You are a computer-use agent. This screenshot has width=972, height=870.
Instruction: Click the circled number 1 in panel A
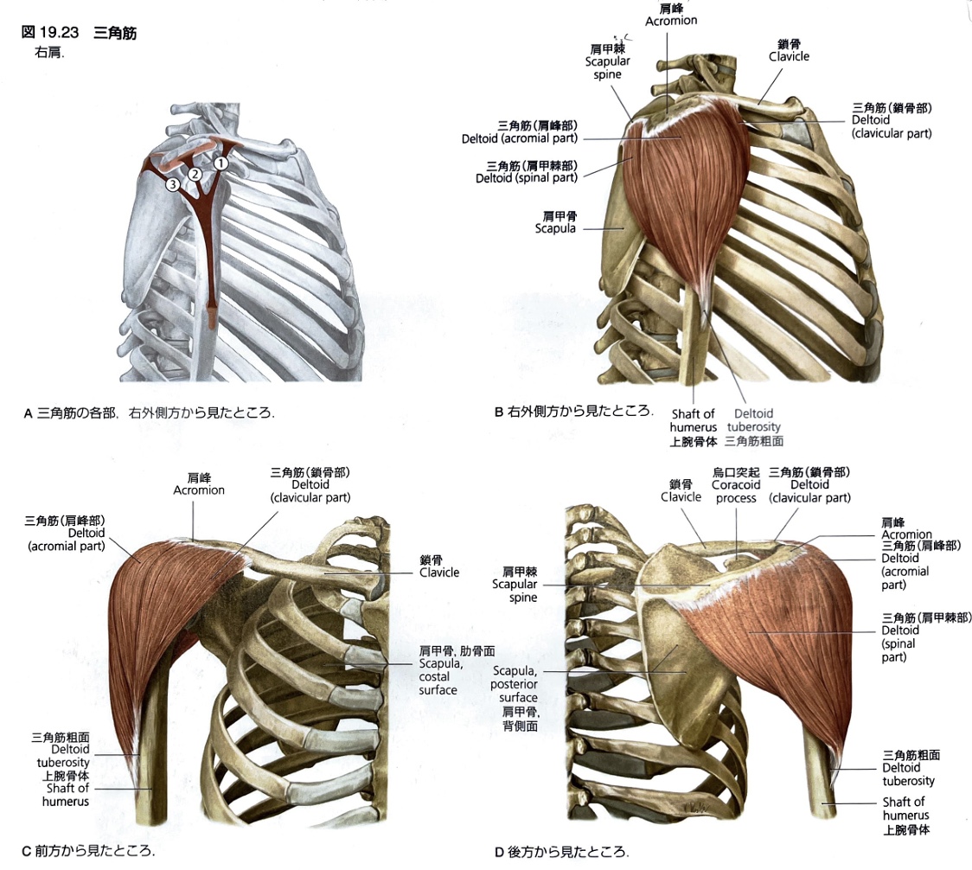pos(221,163)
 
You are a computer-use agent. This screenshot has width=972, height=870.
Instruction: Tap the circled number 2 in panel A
pos(195,174)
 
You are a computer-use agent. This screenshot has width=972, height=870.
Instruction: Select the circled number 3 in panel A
pos(173,184)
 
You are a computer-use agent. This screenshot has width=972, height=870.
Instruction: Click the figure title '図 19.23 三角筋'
pos(79,32)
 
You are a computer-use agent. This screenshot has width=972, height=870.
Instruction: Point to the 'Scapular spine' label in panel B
pos(607,61)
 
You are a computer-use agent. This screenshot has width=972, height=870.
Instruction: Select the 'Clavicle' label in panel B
pos(789,50)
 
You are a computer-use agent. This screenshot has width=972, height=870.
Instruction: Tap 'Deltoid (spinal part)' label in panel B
pos(527,172)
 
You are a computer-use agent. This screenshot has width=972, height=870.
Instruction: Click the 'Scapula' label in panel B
pos(556,222)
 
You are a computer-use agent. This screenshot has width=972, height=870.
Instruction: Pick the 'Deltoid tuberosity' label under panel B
pos(754,426)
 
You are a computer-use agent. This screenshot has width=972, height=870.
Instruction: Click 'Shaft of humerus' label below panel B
pos(693,426)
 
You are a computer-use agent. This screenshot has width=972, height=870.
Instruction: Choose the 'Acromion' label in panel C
pos(199,483)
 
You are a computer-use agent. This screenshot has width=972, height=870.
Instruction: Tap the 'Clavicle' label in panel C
pos(439,566)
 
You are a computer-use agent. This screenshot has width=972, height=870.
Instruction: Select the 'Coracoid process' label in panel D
pos(736,485)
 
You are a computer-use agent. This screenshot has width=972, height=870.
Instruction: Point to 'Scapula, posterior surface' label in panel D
pos(515,698)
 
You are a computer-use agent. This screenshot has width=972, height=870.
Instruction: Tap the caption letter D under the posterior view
pos(499,853)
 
